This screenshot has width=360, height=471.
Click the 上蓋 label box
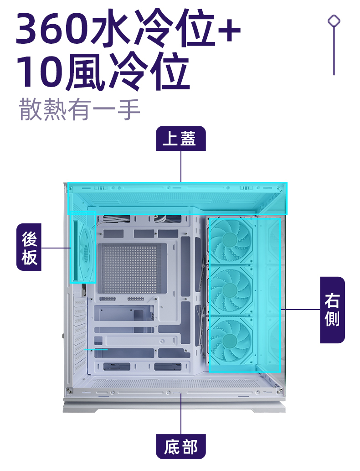pos(180,139)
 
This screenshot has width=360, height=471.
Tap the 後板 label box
pos(29,247)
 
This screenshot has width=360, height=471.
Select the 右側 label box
pos(332,310)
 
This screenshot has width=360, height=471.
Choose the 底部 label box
pos(180,446)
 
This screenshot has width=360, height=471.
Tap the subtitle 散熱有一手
pos(79,110)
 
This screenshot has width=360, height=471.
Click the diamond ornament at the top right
pos(334,21)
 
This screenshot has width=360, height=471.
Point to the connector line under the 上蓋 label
pos(181,166)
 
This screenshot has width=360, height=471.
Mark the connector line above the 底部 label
pos(181,413)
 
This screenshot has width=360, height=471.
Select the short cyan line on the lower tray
pos(96,349)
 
